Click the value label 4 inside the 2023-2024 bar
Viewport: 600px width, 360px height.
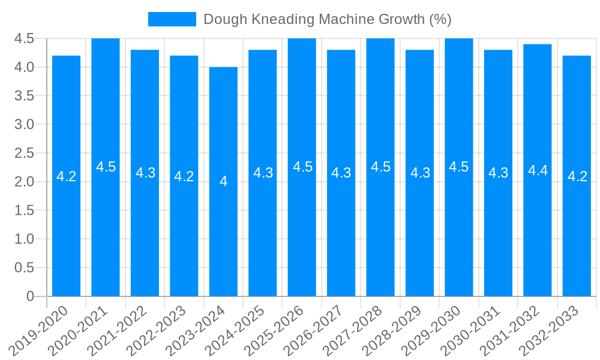click(223, 181)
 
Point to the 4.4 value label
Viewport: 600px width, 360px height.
click(538, 170)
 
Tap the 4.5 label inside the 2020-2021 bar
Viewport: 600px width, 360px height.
click(106, 167)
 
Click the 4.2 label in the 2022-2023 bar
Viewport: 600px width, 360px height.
click(184, 176)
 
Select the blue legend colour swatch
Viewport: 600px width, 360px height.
click(172, 19)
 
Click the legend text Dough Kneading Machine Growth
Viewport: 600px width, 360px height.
click(327, 19)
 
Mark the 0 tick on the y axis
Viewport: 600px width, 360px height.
click(30, 296)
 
